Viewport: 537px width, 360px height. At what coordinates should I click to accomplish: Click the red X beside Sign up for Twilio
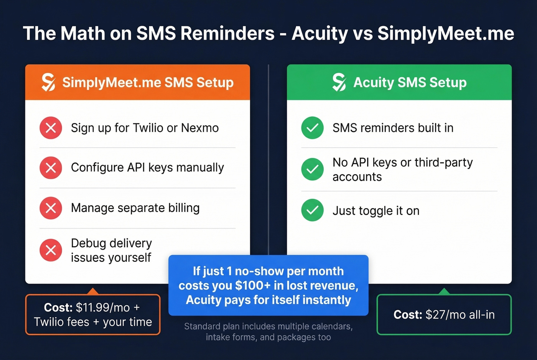pyautogui.click(x=51, y=128)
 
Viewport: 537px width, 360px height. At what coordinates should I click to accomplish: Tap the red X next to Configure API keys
pyautogui.click(x=51, y=168)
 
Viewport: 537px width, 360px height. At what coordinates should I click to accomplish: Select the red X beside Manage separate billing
pyautogui.click(x=51, y=208)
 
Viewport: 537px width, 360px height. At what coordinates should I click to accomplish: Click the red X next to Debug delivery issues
pyautogui.click(x=51, y=250)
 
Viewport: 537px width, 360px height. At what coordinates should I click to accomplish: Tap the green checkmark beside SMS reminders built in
pyautogui.click(x=312, y=128)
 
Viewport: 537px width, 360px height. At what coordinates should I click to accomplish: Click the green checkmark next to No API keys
pyautogui.click(x=312, y=169)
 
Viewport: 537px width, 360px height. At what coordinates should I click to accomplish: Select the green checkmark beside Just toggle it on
pyautogui.click(x=312, y=210)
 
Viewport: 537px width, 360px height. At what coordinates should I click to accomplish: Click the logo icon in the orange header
pyautogui.click(x=48, y=82)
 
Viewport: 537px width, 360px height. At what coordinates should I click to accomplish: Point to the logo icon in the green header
pyautogui.click(x=339, y=82)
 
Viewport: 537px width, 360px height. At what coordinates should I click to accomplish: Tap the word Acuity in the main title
pyautogui.click(x=320, y=33)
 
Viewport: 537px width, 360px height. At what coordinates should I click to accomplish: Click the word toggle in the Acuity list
pyautogui.click(x=376, y=211)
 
